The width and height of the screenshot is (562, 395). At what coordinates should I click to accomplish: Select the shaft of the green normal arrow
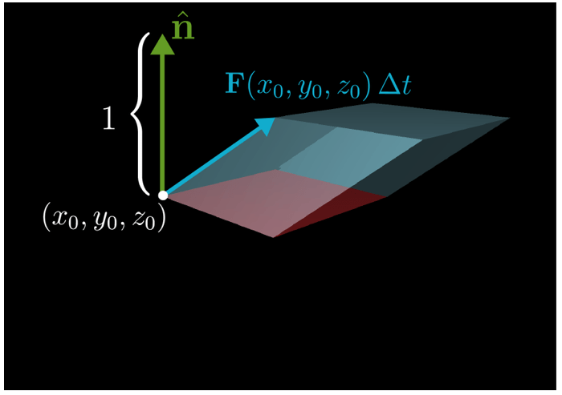(163, 120)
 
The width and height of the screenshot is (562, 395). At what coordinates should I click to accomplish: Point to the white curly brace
(139, 113)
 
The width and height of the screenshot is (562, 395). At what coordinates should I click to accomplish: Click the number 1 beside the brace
(109, 118)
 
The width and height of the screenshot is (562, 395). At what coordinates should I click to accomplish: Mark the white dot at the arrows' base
(163, 195)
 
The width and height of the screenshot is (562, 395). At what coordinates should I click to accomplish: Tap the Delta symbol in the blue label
(388, 85)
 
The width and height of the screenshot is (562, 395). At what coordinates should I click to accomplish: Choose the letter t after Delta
(405, 86)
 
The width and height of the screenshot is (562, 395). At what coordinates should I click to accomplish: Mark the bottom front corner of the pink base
(273, 237)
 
